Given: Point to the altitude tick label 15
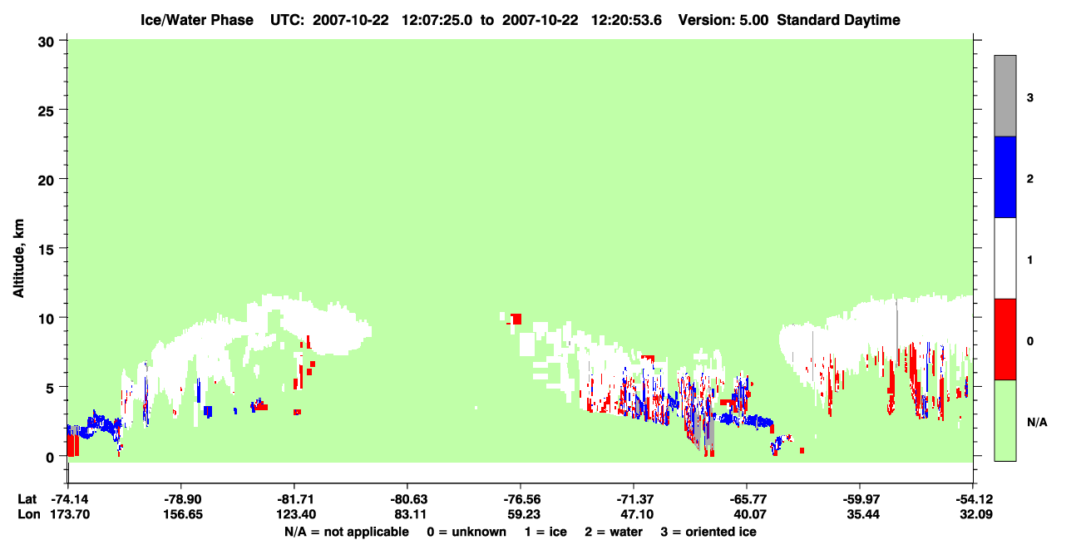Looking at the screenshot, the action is pos(46,250).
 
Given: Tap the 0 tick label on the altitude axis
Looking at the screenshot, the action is pos(50,458).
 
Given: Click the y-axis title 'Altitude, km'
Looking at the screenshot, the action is pos(18,259).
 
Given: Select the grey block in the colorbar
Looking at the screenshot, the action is pos(1005,96).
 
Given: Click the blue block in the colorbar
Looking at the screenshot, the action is pos(1005,176).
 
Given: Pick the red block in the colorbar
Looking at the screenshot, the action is pos(1005,339).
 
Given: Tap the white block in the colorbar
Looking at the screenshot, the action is pos(1005,258).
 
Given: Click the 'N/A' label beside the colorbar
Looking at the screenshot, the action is pos(1037,423).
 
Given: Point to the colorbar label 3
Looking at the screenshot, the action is pos(1029,98).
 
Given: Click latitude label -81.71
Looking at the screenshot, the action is pos(294,499).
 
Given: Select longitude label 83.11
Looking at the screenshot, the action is pos(408,514).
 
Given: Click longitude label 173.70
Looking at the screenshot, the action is pos(71,514).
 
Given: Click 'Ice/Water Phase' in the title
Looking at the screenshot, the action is pos(197,20).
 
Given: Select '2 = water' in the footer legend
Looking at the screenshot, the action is pos(614,532).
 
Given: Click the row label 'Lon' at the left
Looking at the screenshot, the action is pos(29,514).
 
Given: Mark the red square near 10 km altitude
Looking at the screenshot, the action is pos(516,319).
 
